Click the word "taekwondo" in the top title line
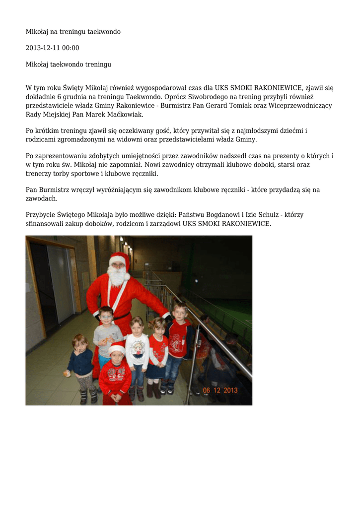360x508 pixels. [104, 32]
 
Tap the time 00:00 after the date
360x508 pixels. [70, 48]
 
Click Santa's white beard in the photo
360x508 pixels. [117, 277]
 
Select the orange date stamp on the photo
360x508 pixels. [220, 390]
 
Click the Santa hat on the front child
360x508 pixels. [117, 347]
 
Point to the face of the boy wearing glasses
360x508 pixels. [106, 316]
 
